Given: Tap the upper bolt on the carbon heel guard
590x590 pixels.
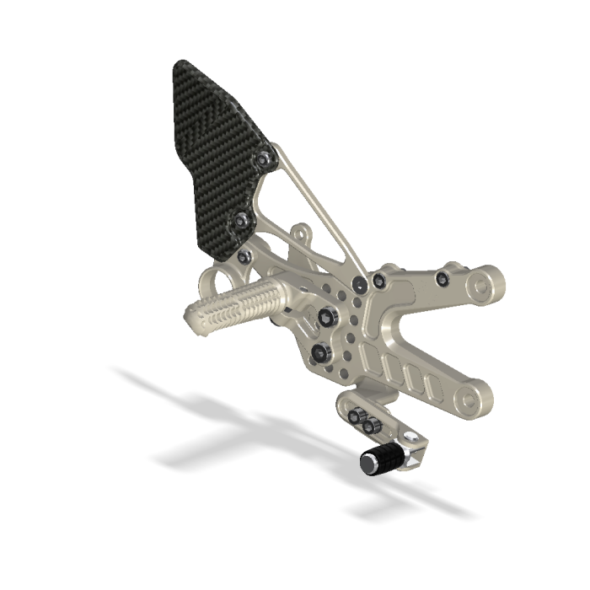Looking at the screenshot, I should click(266, 158).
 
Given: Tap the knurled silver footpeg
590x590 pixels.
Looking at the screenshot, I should click(240, 303).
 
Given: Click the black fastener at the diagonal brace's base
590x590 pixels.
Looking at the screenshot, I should click(360, 283).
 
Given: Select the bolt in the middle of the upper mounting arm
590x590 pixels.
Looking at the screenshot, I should click(441, 277).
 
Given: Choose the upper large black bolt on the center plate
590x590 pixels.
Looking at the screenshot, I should click(326, 314).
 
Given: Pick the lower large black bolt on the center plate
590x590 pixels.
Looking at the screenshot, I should click(319, 351).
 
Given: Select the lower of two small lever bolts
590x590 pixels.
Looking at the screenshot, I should click(369, 426).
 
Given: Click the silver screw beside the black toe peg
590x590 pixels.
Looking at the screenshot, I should click(410, 437).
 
